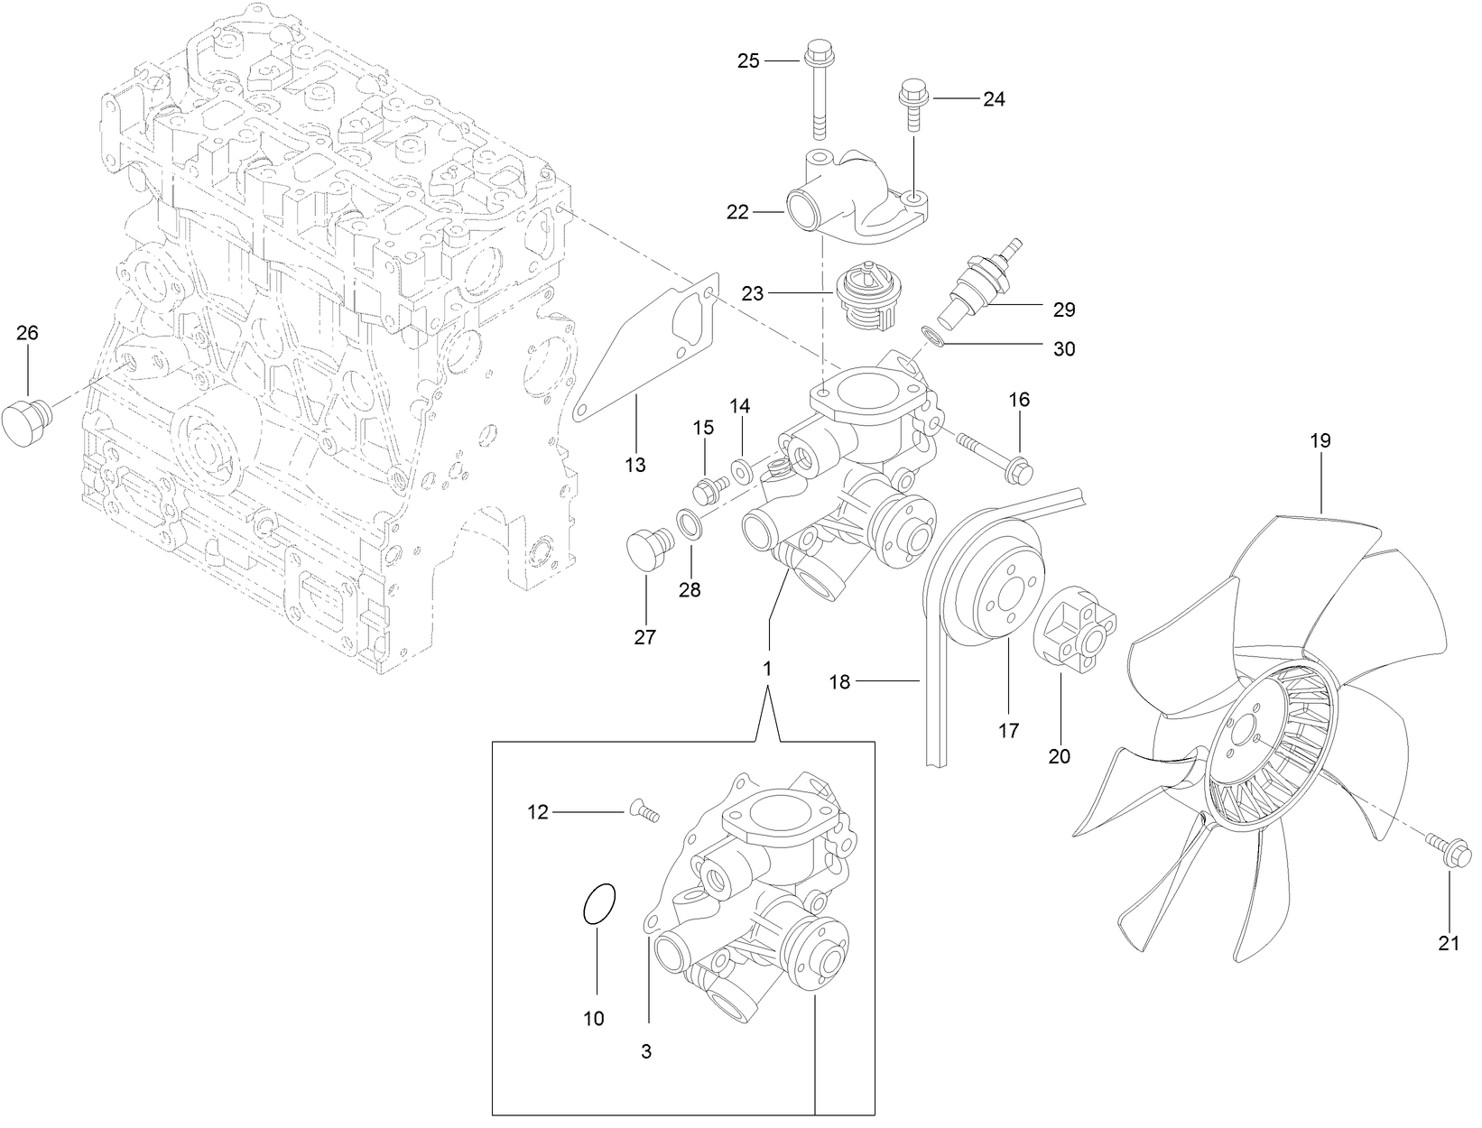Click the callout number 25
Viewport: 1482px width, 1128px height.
coord(749,60)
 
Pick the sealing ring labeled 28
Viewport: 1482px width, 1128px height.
coord(690,522)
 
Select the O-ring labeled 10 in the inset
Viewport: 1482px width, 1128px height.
coord(598,903)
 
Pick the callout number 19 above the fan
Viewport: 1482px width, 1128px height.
coord(1320,441)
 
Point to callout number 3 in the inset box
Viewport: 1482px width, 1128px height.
coord(646,1051)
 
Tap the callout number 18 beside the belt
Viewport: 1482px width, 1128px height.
coord(839,682)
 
